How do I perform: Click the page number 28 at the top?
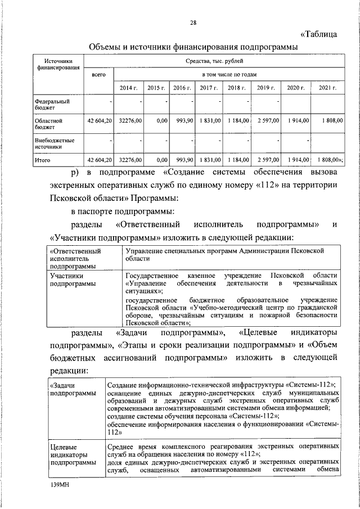[193, 22]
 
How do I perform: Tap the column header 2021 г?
[327, 88]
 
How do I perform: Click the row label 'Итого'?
[43, 160]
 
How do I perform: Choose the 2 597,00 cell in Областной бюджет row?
[267, 121]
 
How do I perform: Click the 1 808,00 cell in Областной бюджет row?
[329, 121]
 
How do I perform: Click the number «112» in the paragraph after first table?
[254, 185]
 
